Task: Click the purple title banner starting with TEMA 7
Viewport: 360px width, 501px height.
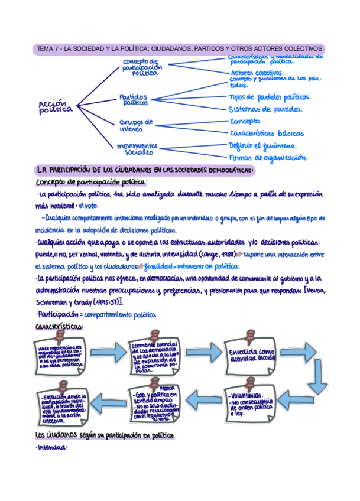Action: point(179,49)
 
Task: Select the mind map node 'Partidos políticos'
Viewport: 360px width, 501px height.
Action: point(135,99)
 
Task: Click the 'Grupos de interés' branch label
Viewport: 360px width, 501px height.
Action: point(137,125)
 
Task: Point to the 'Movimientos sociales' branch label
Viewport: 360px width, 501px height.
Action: point(136,148)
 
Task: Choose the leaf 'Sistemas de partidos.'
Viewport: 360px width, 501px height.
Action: point(266,109)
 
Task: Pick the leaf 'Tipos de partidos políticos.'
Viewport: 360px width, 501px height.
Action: point(270,97)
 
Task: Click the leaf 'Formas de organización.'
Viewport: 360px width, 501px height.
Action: point(269,158)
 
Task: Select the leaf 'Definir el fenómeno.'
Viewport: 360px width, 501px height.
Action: point(263,145)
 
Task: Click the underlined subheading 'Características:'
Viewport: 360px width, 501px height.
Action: point(59,326)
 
